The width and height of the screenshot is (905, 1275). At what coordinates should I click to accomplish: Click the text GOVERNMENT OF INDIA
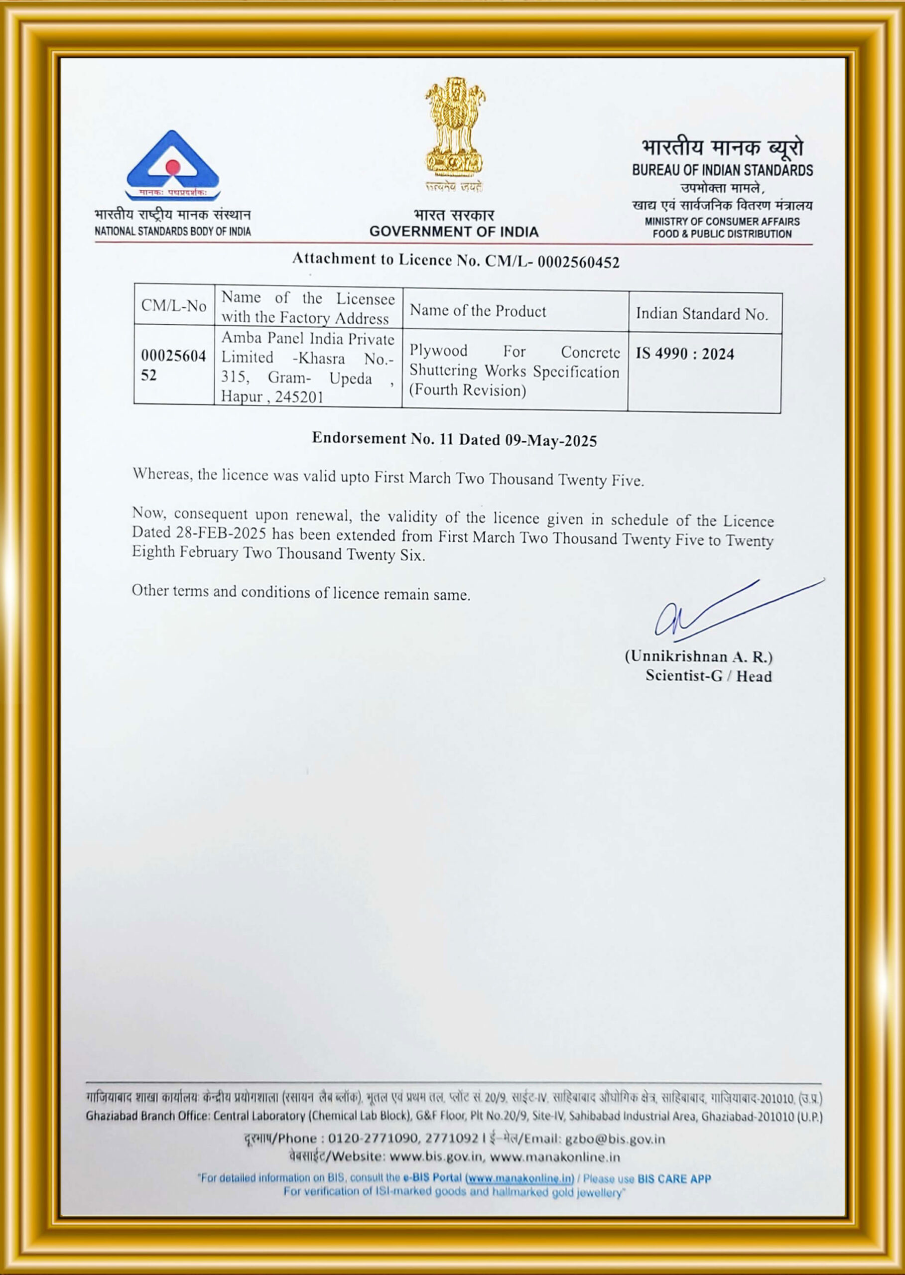coord(454,232)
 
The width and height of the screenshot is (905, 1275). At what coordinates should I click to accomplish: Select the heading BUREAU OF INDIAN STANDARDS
coord(722,170)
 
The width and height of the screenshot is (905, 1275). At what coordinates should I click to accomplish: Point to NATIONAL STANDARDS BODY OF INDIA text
coord(173,232)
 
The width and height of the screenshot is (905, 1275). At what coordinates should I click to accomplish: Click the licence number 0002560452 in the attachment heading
coord(578,262)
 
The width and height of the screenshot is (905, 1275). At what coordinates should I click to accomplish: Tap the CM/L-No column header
coord(174,306)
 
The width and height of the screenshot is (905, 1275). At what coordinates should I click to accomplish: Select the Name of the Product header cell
coord(478,311)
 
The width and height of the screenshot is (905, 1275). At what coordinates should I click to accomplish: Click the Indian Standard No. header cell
coord(702,314)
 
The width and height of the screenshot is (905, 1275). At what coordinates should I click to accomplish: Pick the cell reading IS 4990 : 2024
coord(685,355)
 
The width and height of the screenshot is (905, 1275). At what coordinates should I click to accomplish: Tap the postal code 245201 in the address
coord(299,397)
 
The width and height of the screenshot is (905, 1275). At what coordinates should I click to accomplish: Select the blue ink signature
coord(730,611)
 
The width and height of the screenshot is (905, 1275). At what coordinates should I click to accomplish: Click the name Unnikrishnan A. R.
coord(698,657)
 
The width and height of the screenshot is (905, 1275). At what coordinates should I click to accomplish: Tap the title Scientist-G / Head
coord(708,676)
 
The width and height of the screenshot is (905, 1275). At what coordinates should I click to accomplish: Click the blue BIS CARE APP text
coord(674,1178)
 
